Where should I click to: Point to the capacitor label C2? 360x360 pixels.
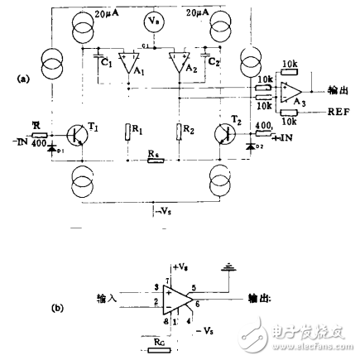(x=212, y=61)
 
